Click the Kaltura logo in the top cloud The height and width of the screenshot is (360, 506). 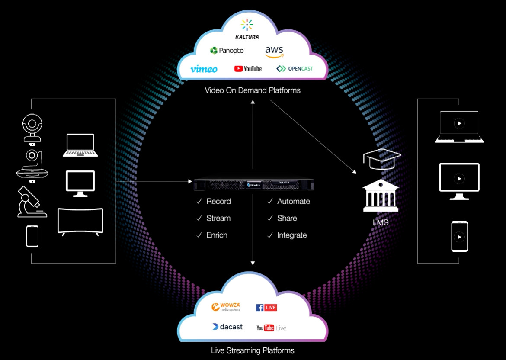tap(247, 29)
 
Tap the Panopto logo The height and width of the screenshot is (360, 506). tap(227, 51)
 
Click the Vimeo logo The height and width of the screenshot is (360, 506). tap(204, 69)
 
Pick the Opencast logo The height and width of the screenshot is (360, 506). tap(295, 69)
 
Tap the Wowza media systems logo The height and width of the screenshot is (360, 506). tap(225, 307)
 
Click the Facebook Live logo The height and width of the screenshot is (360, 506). tap(266, 308)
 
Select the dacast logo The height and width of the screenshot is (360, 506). tap(227, 327)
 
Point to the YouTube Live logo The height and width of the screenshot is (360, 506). tap(271, 328)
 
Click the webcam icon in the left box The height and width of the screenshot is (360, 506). tap(32, 127)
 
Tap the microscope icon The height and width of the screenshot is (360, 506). tap(30, 202)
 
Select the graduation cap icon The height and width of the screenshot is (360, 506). tap(382, 159)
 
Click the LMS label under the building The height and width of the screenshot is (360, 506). tap(381, 223)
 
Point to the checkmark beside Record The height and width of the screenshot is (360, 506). tap(199, 202)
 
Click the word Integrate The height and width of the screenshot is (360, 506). tap(292, 235)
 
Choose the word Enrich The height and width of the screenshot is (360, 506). tap(217, 235)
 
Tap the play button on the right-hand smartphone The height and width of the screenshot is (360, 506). tap(459, 237)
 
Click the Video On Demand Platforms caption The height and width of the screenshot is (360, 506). tap(253, 90)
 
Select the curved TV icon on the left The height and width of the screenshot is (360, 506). tap(81, 221)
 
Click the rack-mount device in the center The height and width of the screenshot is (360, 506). tap(253, 184)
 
